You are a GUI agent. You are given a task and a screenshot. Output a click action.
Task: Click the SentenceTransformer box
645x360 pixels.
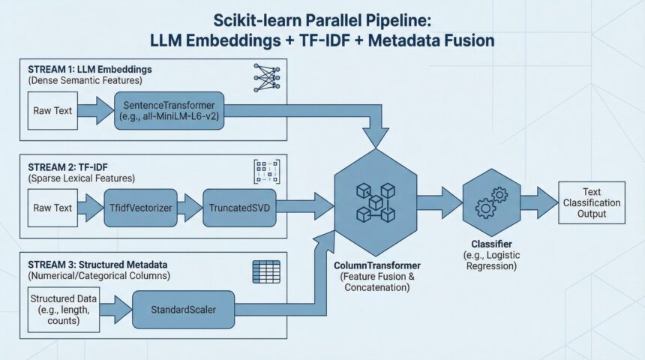[x=169, y=110]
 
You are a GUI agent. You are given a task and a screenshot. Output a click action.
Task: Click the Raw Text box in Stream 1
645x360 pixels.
[x=52, y=110]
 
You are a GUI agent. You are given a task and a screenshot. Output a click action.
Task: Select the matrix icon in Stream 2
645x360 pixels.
[x=266, y=170]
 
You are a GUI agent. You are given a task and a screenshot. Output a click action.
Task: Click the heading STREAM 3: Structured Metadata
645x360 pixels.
[x=97, y=265]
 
